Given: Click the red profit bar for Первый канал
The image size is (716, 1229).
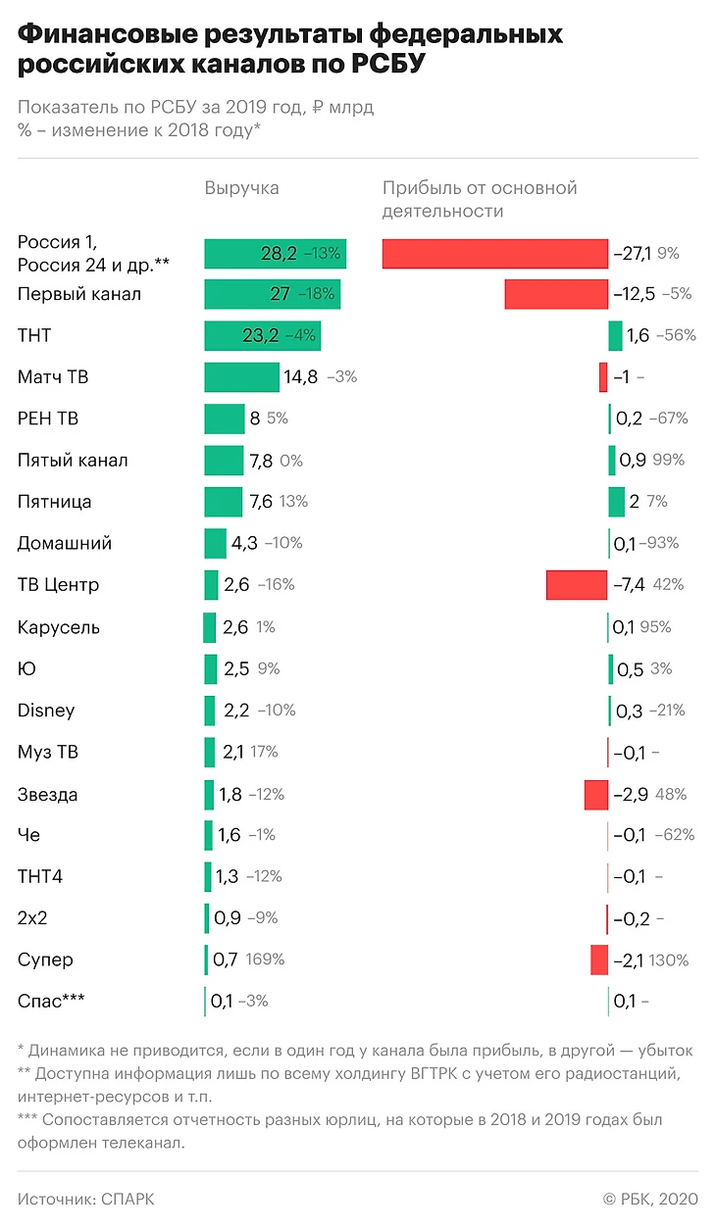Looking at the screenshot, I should click(556, 294).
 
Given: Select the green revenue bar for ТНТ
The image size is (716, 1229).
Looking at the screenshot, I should click(262, 336).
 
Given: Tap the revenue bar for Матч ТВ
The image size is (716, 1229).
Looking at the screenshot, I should click(241, 377).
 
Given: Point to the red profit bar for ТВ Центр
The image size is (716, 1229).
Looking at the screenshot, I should click(577, 585).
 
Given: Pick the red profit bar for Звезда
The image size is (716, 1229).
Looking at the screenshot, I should click(595, 794).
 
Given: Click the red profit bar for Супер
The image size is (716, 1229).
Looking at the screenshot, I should click(598, 959).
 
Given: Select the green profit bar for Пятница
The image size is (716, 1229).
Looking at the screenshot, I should click(616, 502).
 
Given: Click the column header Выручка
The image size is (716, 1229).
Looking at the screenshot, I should click(241, 188).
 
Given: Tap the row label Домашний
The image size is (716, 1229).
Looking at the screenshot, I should click(65, 543).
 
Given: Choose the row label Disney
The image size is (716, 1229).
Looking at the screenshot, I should click(46, 711).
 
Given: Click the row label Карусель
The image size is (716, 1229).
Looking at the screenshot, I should click(59, 627).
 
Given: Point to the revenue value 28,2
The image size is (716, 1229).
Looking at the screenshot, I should click(279, 253).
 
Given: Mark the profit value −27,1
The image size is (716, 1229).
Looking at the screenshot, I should click(632, 253).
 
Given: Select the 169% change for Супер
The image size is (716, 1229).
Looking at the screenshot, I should click(265, 959).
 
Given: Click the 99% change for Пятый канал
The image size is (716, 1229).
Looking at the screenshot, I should click(668, 461).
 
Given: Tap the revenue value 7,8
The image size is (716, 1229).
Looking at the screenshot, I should click(262, 461).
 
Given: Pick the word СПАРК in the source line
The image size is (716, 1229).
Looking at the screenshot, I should click(127, 1199).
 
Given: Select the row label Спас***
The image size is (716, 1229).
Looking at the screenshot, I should click(51, 1001).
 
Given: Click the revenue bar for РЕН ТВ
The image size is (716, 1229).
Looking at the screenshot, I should click(224, 418).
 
